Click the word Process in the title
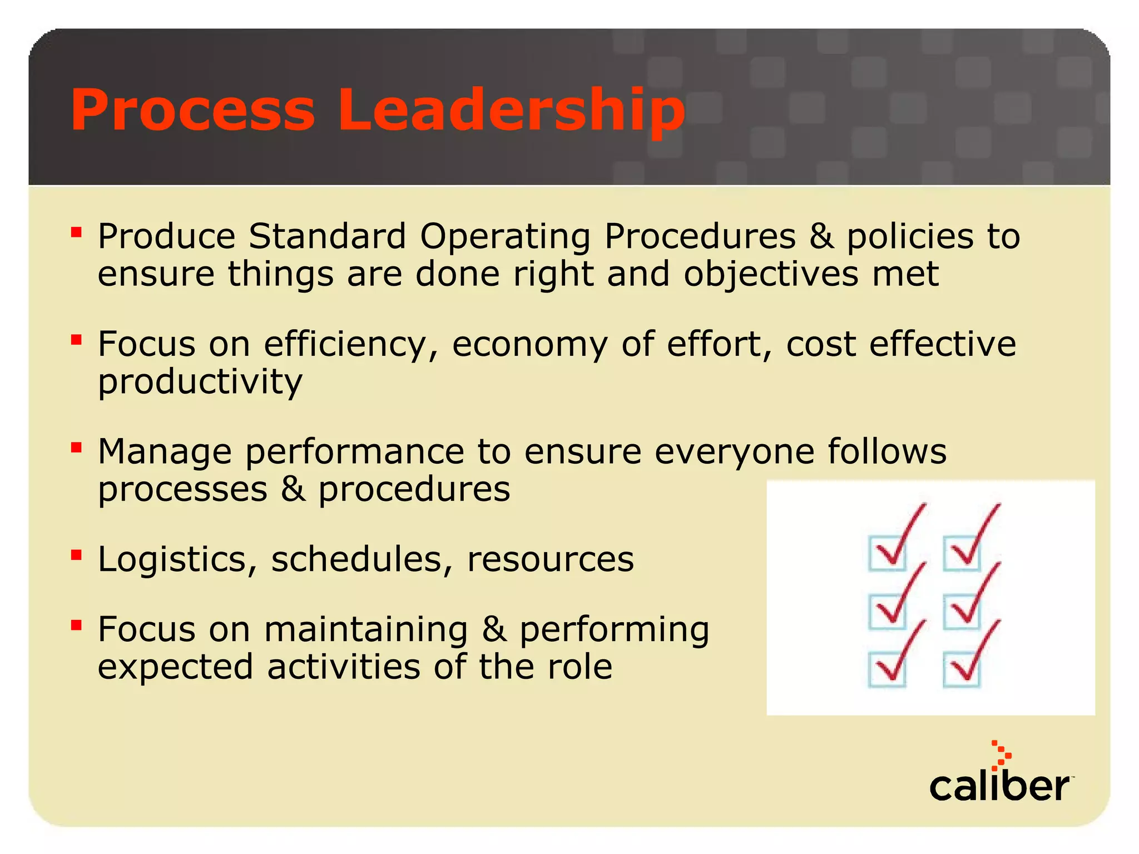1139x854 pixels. point(192,111)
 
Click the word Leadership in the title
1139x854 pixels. point(511,111)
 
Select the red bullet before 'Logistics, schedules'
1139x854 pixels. point(77,554)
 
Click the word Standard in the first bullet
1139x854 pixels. point(327,236)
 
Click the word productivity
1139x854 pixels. point(200,383)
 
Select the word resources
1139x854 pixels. point(551,559)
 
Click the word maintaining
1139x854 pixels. point(366,630)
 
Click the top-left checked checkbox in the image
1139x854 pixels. point(887,553)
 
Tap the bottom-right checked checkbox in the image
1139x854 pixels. point(962,669)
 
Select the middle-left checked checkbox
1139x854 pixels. point(887,611)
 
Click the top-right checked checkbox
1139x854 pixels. point(962,553)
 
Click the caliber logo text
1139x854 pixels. point(999,787)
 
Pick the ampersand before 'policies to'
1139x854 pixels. point(821,236)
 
